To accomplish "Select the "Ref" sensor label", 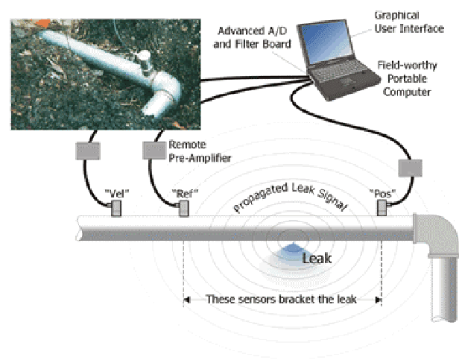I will coord(183,193).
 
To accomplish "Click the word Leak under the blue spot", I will coord(317,259).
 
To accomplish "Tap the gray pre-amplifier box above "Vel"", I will coord(89,152).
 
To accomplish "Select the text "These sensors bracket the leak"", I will coord(282,300).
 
